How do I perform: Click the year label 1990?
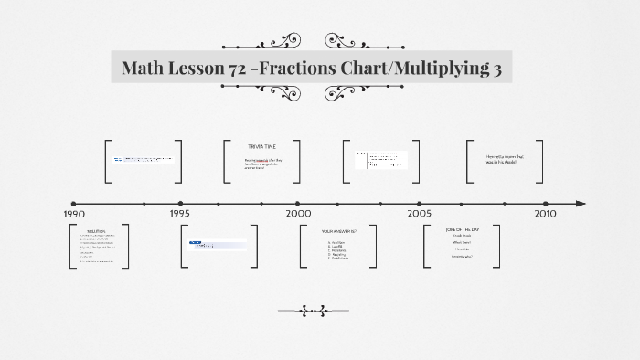pyautogui.click(x=74, y=214)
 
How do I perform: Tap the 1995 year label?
pyautogui.click(x=179, y=214)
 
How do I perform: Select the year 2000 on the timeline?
pyautogui.click(x=298, y=214)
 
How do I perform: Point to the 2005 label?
pyautogui.click(x=420, y=214)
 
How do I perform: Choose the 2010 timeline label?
pyautogui.click(x=545, y=214)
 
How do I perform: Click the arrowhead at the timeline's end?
pyautogui.click(x=581, y=204)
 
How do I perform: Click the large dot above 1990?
pyautogui.click(x=74, y=204)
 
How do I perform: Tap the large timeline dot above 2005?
pyautogui.click(x=420, y=204)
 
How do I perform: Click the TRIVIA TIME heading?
pyautogui.click(x=261, y=146)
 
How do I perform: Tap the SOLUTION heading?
pyautogui.click(x=97, y=232)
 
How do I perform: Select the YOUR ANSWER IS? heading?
pyautogui.click(x=338, y=232)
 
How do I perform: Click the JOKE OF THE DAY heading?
pyautogui.click(x=463, y=228)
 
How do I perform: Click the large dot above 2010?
pyautogui.click(x=545, y=204)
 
